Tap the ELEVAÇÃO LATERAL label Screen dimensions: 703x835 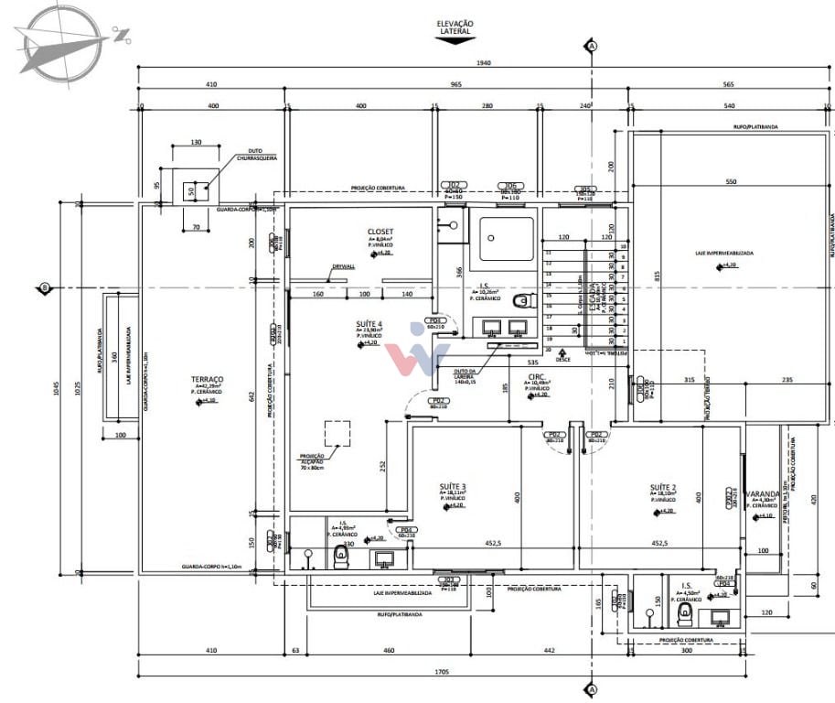click(455, 27)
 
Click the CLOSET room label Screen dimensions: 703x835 click(380, 232)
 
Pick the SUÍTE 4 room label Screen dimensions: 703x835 click(369, 324)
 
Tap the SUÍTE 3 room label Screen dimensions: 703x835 click(453, 486)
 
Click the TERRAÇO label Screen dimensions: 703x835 click(208, 379)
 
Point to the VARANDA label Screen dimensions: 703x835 click(762, 493)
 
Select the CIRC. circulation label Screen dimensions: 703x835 click(537, 376)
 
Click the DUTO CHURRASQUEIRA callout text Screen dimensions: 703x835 click(257, 155)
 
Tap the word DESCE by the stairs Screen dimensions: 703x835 click(563, 360)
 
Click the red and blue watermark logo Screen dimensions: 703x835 click(417, 347)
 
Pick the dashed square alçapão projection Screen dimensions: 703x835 click(338, 433)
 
